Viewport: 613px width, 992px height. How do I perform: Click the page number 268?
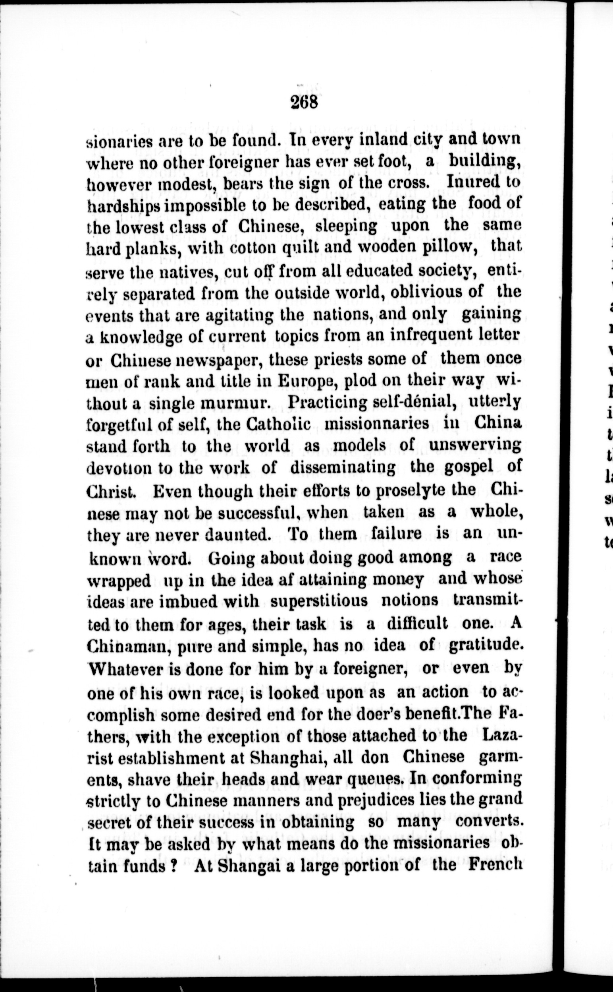point(305,102)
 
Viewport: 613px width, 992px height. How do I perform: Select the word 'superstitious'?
point(319,601)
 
